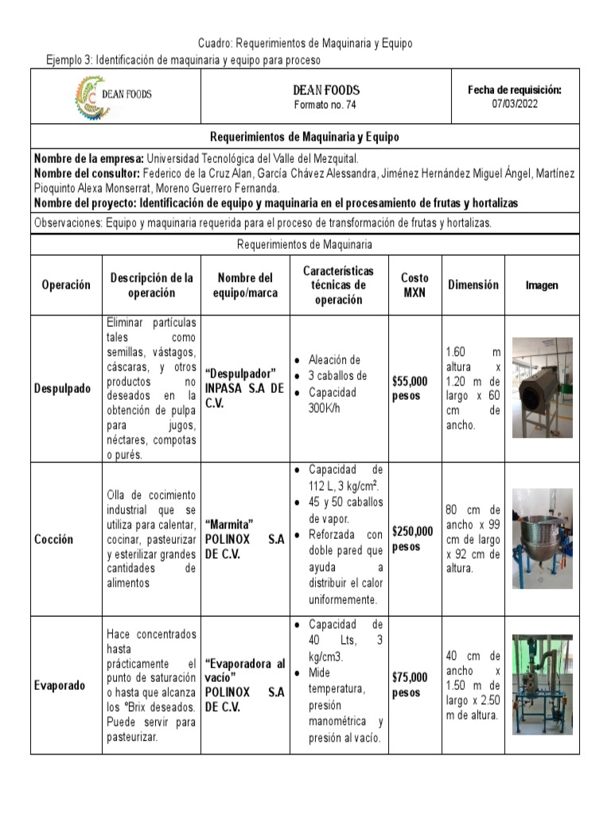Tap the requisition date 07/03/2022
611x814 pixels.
[x=515, y=104]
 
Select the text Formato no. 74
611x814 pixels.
[x=326, y=105]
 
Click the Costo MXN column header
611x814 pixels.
[x=414, y=285]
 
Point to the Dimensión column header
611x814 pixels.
[x=473, y=285]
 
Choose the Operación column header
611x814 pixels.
[x=66, y=285]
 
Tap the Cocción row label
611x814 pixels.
[x=54, y=539]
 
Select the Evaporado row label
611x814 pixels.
[x=60, y=685]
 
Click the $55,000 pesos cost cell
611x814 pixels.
[x=410, y=389]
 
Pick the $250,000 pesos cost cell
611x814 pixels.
[x=413, y=539]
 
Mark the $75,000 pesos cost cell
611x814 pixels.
[x=410, y=685]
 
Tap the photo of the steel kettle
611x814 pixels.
[x=542, y=538]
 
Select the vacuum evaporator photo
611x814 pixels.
[x=542, y=684]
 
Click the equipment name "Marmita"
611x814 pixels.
[x=229, y=525]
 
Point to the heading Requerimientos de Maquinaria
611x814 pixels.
[x=305, y=245]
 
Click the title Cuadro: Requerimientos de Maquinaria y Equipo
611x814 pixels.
[x=305, y=43]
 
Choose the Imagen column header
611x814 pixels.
[x=542, y=285]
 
